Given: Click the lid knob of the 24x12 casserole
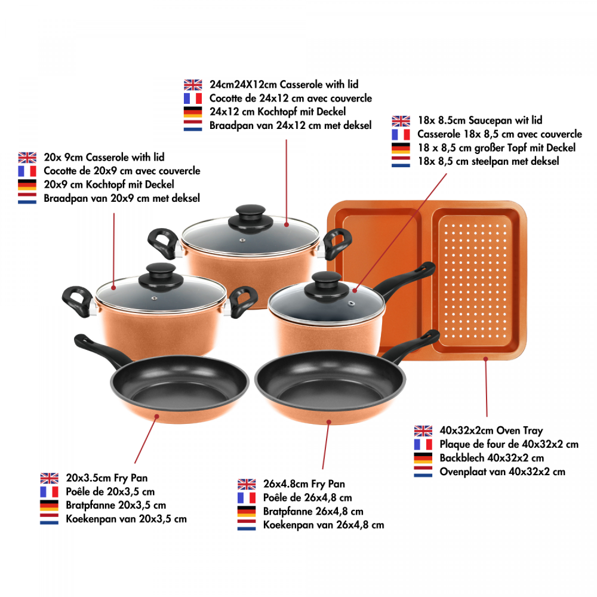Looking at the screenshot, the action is (251, 219).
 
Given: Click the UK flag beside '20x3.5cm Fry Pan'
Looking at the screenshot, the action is (50, 478).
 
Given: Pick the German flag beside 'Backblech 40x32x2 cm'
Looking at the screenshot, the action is (423, 458).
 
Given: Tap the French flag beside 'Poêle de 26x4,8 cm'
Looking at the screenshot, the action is (247, 498).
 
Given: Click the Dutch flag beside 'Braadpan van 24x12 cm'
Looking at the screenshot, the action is (193, 125).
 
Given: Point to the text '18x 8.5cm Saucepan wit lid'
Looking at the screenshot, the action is (480, 121).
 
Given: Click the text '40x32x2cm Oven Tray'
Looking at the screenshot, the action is (491, 430).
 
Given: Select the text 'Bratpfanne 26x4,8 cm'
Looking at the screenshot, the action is (313, 512).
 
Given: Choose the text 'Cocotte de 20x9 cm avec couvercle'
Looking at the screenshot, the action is (122, 171).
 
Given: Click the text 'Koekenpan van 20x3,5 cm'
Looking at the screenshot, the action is (126, 519).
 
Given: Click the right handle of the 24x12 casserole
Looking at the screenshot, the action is (337, 243).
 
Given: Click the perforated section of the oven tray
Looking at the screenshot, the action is (475, 281).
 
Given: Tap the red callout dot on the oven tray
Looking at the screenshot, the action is (485, 359).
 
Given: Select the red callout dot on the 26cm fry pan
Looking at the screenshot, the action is (329, 422).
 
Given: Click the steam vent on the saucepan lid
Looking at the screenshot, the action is (352, 303).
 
